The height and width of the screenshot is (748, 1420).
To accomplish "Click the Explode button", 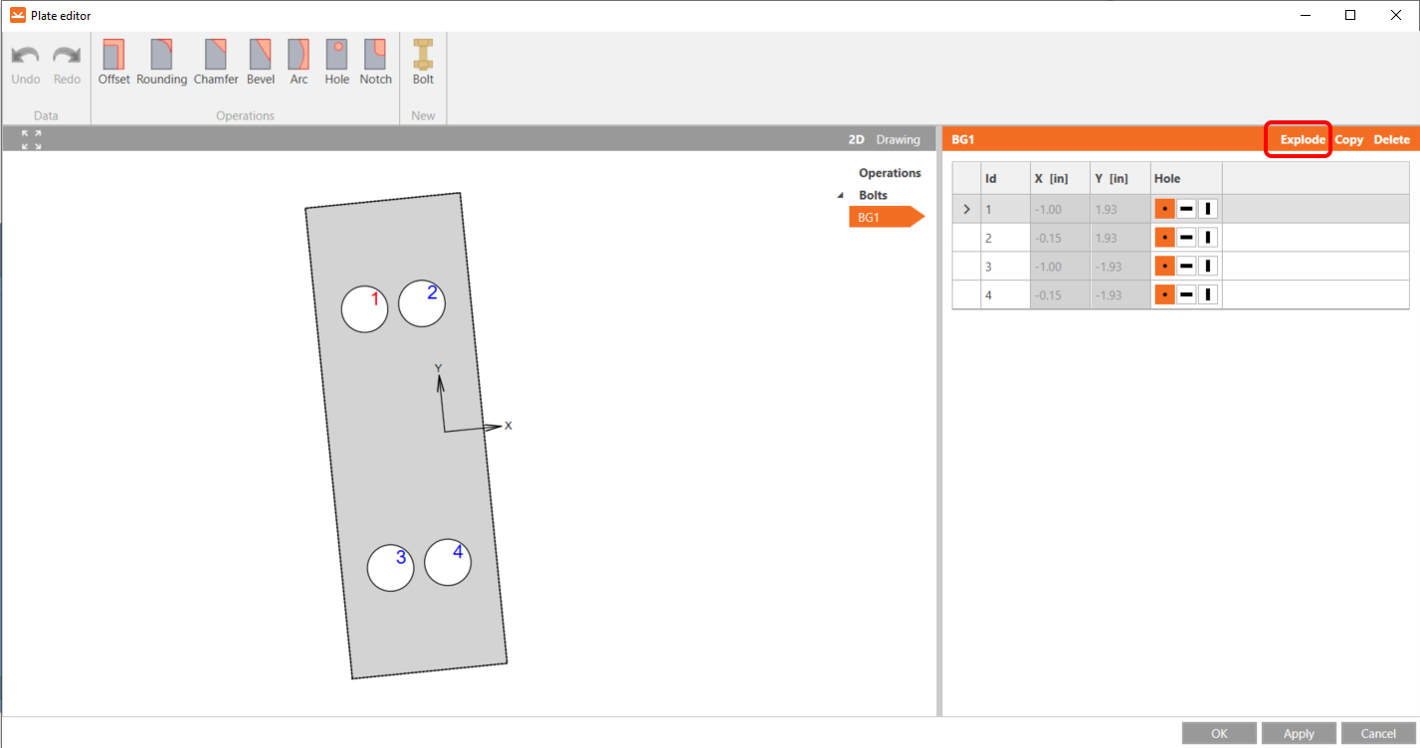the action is pyautogui.click(x=1303, y=139).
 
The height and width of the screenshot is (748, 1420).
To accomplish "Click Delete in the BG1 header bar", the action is pyautogui.click(x=1391, y=139).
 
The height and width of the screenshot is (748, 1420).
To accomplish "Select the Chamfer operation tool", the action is pyautogui.click(x=216, y=62).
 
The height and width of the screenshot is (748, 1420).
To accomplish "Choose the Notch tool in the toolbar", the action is pyautogui.click(x=375, y=62).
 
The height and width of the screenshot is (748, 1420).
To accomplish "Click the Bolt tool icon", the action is pyautogui.click(x=423, y=55).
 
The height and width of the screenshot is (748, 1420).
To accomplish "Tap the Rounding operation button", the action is pyautogui.click(x=161, y=62).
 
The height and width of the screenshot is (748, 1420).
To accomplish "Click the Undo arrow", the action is pyautogui.click(x=25, y=55).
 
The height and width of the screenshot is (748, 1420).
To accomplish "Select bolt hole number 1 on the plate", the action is pyautogui.click(x=364, y=308).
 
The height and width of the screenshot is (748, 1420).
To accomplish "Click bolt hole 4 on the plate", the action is pyautogui.click(x=448, y=562).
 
